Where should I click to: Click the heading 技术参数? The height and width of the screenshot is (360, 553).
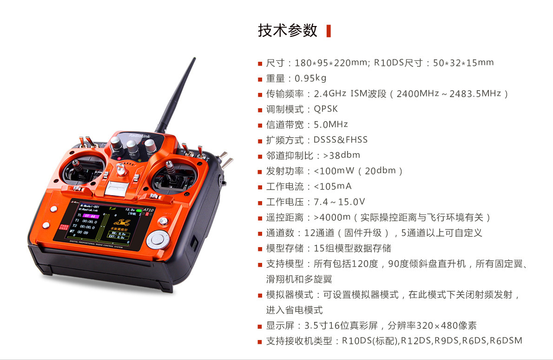(288, 31)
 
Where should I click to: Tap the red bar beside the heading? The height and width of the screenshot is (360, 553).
(329, 31)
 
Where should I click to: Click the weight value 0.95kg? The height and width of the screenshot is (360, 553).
(310, 79)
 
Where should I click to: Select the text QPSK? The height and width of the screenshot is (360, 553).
(325, 109)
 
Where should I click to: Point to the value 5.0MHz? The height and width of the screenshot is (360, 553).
(331, 124)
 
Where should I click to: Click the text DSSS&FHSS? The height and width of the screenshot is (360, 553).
(340, 140)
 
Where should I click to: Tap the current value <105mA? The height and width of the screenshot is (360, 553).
(333, 187)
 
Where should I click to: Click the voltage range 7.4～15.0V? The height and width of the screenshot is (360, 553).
(339, 202)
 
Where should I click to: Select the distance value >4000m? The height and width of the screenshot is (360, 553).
(332, 217)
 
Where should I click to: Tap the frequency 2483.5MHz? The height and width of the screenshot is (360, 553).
(475, 94)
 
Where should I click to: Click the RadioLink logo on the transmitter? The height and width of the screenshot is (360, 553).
(140, 136)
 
